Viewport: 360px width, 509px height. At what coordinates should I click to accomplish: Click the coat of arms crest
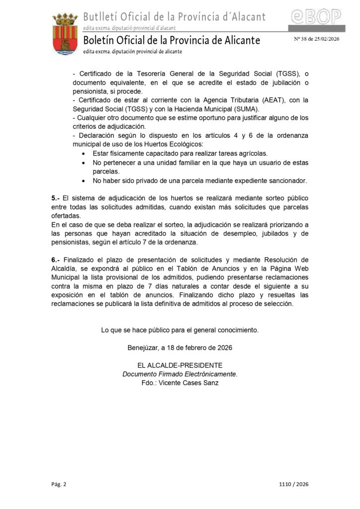(x=65, y=34)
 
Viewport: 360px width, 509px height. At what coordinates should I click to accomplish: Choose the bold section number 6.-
(x=56, y=260)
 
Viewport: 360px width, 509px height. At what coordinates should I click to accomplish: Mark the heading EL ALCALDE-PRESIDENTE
(x=180, y=365)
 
